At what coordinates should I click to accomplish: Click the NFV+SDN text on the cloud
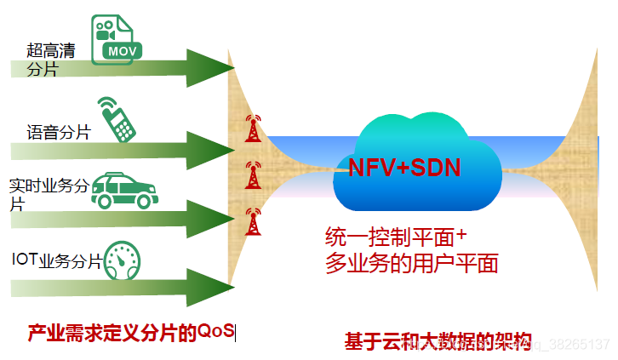[x=403, y=167]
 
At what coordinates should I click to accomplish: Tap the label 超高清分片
[x=50, y=60]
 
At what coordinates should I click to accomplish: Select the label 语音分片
[x=58, y=132]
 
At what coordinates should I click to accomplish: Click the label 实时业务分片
[x=48, y=195]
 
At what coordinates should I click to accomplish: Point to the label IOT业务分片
[x=56, y=260]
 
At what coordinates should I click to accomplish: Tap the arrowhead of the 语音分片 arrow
[x=209, y=150]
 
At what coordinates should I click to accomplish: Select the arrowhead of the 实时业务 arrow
[x=209, y=219]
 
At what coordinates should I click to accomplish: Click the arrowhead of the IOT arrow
[x=209, y=288]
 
